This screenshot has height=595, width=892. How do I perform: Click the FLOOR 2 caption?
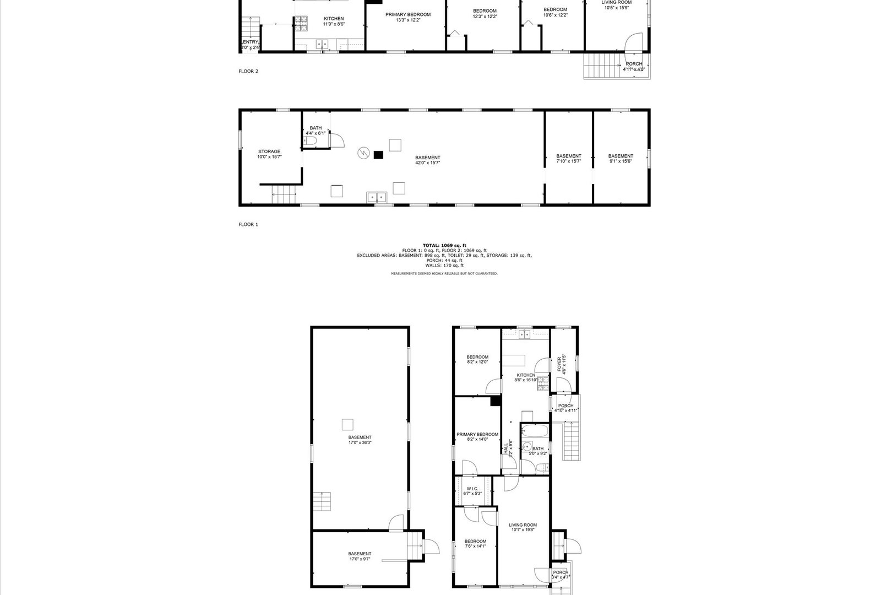[x=248, y=71]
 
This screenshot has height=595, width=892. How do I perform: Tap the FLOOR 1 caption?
[x=248, y=224]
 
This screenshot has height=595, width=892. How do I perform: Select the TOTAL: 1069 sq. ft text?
[x=444, y=245]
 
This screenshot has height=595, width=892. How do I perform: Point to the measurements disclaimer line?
[x=444, y=273]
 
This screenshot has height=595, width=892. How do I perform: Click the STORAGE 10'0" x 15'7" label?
[x=269, y=154]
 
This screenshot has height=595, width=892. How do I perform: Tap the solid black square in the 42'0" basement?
[x=378, y=155]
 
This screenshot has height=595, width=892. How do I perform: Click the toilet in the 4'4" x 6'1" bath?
[x=309, y=142]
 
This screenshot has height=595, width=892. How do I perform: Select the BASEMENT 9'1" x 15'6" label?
[x=621, y=159]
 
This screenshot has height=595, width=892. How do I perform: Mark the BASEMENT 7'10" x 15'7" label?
[x=568, y=159]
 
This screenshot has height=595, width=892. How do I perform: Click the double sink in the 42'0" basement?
[x=377, y=197]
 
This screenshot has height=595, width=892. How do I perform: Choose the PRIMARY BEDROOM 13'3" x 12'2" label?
[x=407, y=17]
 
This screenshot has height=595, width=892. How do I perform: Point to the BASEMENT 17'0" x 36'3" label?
[x=360, y=440]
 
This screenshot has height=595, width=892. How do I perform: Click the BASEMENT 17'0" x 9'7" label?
[x=360, y=556]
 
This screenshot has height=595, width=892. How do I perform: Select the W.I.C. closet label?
[x=472, y=491]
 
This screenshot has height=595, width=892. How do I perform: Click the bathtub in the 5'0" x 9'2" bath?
[x=534, y=431]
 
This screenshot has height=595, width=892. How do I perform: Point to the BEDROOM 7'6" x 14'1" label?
[x=475, y=544]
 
